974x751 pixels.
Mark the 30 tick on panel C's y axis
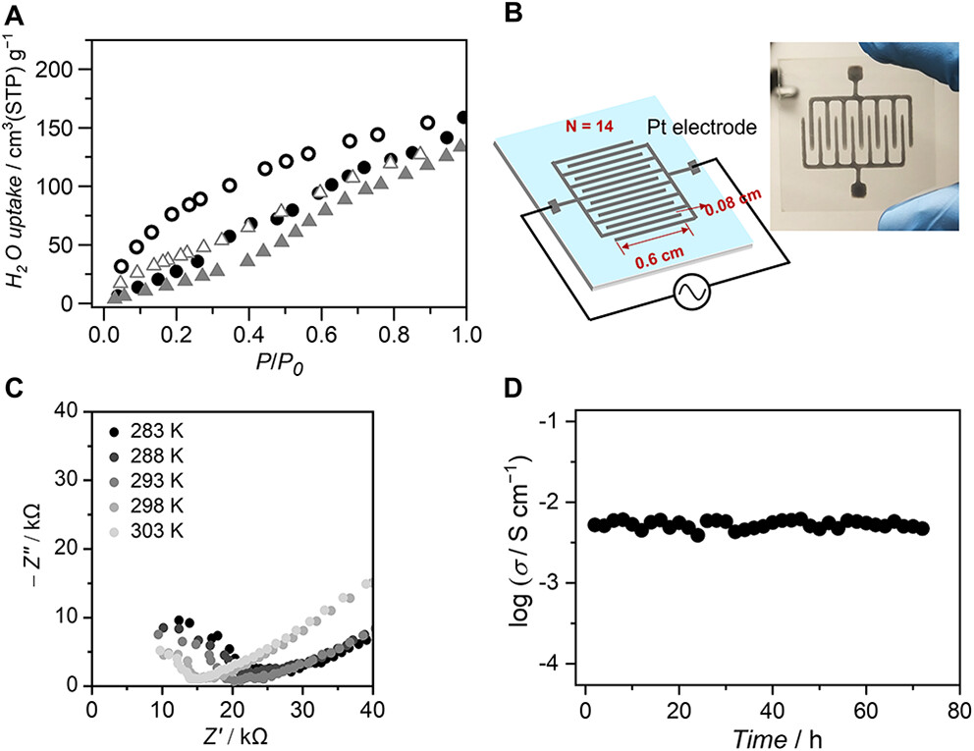coord(70,480)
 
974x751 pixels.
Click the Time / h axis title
coord(772,733)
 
